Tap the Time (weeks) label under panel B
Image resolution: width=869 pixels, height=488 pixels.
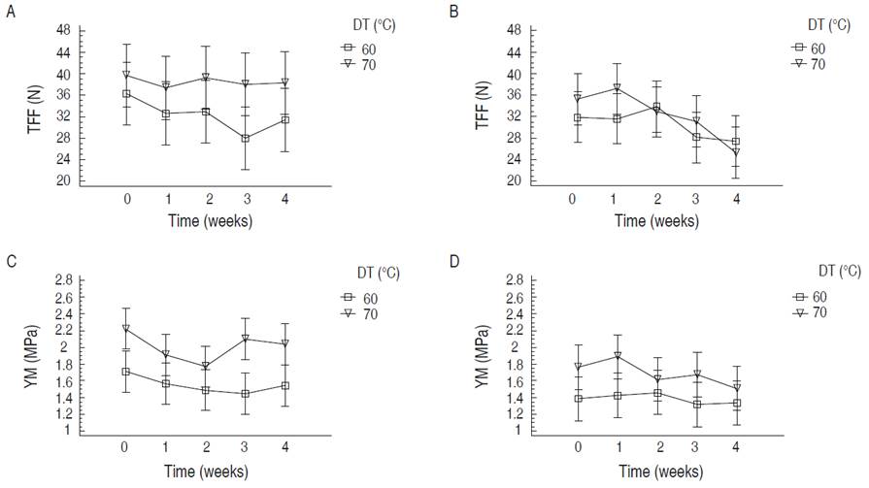coord(657,220)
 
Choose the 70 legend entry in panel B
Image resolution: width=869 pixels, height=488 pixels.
coord(818,64)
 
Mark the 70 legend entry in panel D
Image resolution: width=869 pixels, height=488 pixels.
coord(818,312)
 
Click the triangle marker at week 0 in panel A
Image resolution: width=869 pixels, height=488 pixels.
coord(126,75)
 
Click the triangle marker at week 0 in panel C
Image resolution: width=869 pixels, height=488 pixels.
coord(126,329)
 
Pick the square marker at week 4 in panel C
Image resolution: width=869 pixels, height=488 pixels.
coord(285,386)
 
